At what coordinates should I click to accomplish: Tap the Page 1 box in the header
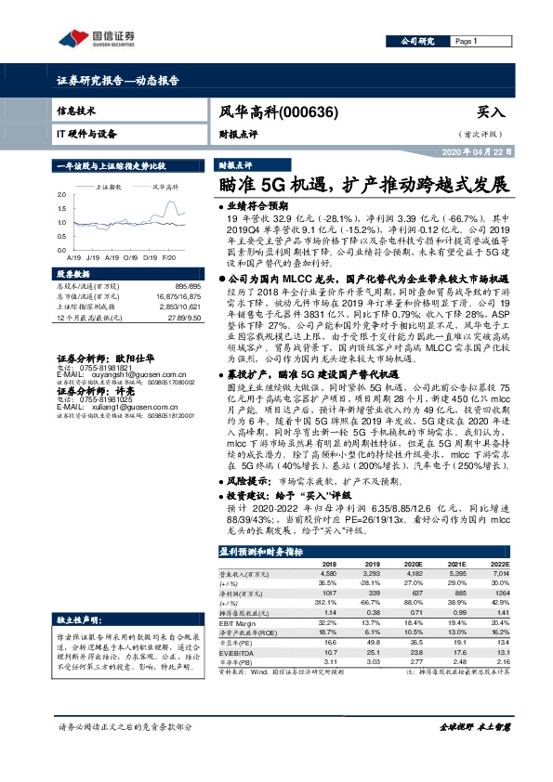pyautogui.click(x=468, y=42)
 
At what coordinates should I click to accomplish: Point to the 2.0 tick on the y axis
pyautogui.click(x=61, y=194)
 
